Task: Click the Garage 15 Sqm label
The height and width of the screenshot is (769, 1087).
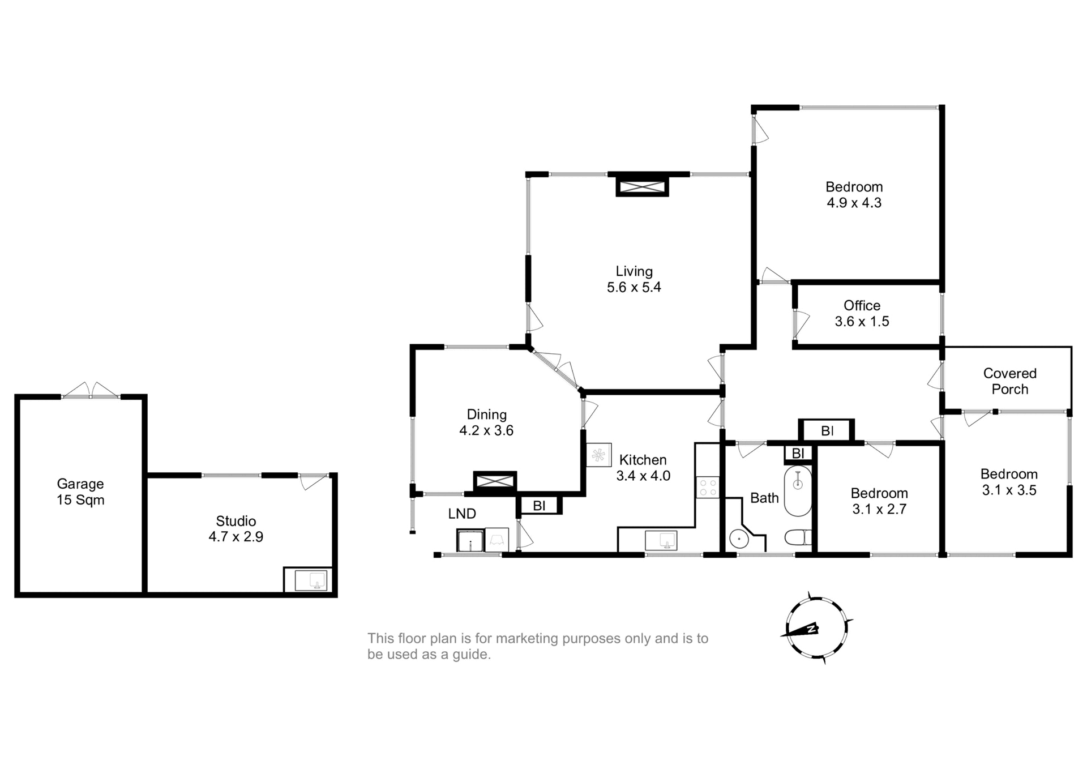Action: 80,492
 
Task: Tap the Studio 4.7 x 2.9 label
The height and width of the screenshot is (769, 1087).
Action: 236,528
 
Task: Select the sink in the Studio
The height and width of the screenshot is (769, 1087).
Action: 311,580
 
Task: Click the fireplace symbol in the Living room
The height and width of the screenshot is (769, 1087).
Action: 642,186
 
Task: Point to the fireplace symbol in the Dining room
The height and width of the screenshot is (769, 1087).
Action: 495,481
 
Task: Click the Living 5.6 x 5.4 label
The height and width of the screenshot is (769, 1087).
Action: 634,279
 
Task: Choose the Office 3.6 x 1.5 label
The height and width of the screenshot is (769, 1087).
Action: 862,313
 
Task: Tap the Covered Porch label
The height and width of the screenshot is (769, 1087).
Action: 1009,381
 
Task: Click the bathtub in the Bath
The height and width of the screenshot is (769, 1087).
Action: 798,490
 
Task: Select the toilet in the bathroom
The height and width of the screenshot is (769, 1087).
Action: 798,537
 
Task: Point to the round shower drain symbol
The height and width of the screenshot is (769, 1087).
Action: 739,539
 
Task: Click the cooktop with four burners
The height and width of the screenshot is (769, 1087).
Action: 708,488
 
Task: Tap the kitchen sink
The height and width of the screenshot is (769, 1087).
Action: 661,540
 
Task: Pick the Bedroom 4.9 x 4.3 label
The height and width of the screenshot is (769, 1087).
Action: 854,195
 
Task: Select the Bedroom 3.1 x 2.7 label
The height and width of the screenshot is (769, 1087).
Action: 879,501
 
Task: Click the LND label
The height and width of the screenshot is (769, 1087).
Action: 462,514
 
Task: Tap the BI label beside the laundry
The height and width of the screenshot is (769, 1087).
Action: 539,505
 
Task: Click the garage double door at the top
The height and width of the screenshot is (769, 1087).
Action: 91,391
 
